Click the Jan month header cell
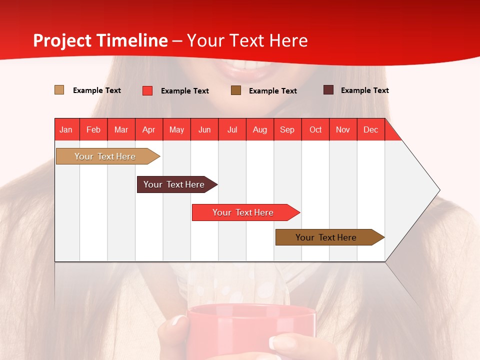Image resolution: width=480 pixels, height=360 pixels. [x=66, y=129]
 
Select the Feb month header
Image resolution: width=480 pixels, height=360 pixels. [x=93, y=129]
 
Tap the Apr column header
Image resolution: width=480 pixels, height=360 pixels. [x=149, y=129]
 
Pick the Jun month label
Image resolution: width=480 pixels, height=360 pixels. [x=204, y=129]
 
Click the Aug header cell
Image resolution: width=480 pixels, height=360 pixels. [x=260, y=129]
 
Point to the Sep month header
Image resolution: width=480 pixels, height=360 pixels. [x=287, y=129]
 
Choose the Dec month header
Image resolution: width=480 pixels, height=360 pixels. [x=370, y=129]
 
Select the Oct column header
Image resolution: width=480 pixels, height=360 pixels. [x=315, y=129]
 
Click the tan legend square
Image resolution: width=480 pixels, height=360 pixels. [x=59, y=90]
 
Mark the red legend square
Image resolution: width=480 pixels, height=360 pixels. [x=147, y=90]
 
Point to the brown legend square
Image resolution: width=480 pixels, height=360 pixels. [x=236, y=90]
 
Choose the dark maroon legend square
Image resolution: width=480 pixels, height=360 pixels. [x=328, y=90]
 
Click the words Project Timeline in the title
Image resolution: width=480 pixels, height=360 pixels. [x=100, y=40]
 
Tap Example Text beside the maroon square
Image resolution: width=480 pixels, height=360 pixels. [x=364, y=90]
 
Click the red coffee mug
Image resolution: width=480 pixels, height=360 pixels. [x=250, y=330]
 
